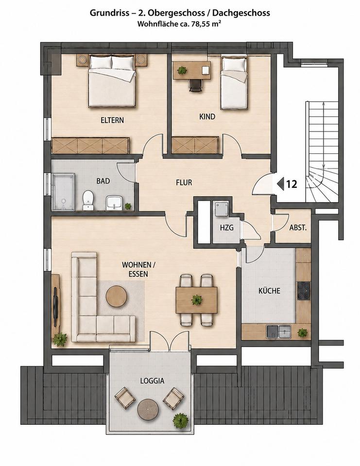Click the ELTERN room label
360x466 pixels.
(x=112, y=120)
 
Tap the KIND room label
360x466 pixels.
(x=207, y=117)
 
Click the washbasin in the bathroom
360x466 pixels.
(x=113, y=203)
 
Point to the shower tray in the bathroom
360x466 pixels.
(x=63, y=192)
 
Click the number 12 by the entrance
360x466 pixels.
(x=291, y=184)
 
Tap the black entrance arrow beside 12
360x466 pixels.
(x=280, y=184)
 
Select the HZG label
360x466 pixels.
(x=227, y=228)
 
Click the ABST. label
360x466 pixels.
(x=298, y=228)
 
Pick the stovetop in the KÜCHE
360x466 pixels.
(x=304, y=291)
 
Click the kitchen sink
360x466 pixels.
(x=278, y=332)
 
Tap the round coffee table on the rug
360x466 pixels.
(x=117, y=296)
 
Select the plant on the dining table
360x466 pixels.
(x=196, y=300)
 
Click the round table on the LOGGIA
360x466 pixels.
(x=148, y=409)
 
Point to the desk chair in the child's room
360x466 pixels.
(x=195, y=85)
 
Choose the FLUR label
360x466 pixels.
(x=184, y=183)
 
